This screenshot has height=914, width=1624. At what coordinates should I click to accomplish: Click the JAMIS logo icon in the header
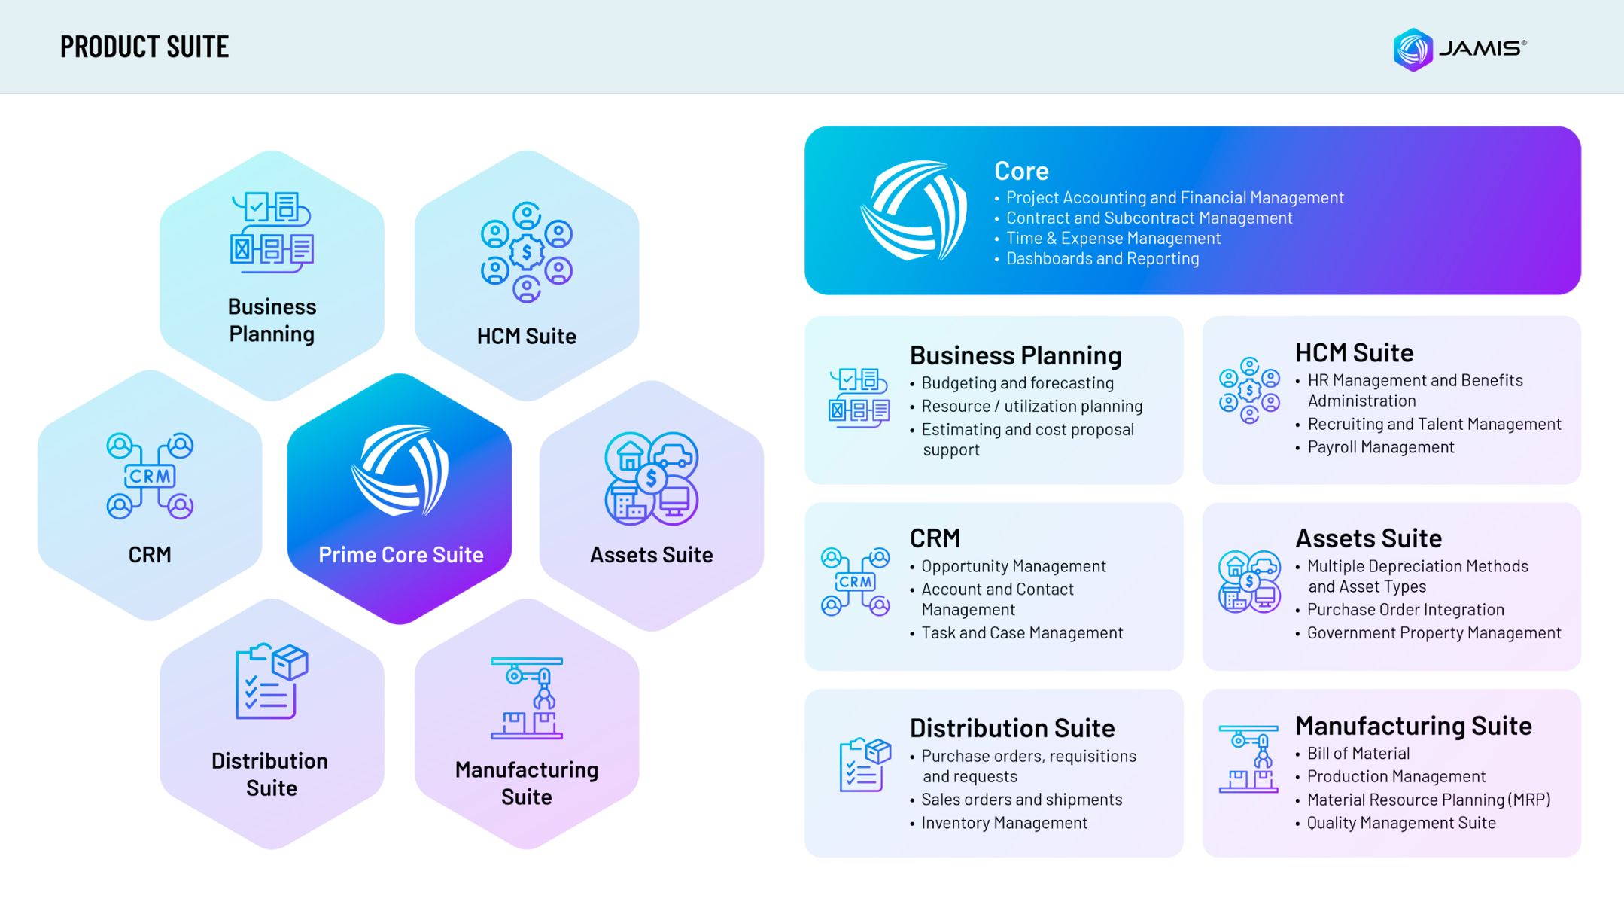(1413, 50)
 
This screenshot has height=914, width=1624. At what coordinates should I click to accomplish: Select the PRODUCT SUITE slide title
(144, 47)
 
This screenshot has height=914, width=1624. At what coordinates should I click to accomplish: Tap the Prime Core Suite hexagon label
(400, 555)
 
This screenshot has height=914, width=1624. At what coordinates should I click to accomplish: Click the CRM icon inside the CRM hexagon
(150, 476)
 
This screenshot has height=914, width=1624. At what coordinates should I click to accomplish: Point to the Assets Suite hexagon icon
(651, 478)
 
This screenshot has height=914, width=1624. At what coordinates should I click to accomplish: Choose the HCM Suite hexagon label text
(526, 336)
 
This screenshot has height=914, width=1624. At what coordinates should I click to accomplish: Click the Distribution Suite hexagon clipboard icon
(271, 681)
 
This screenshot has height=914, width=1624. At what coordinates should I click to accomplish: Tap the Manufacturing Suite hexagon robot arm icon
(526, 698)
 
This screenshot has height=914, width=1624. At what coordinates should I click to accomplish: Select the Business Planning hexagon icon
(272, 232)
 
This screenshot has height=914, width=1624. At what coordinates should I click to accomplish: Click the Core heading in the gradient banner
(1021, 171)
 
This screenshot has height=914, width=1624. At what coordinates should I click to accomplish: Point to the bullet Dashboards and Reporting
(1102, 259)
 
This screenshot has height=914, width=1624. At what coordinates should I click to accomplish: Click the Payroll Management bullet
(1380, 447)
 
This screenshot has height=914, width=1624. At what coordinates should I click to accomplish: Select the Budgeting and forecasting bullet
(1017, 383)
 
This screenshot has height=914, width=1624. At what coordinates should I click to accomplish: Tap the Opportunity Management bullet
(1014, 566)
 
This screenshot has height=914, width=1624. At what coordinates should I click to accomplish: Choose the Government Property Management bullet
(1434, 633)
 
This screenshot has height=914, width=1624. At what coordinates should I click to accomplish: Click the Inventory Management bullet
(1004, 823)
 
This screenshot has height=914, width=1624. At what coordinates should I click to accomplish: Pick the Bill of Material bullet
(1358, 754)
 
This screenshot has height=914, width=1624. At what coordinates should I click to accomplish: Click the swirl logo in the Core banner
(913, 211)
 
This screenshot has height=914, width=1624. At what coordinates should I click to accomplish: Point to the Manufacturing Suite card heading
(1413, 726)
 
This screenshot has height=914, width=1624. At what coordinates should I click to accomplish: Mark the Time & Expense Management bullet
(1113, 239)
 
